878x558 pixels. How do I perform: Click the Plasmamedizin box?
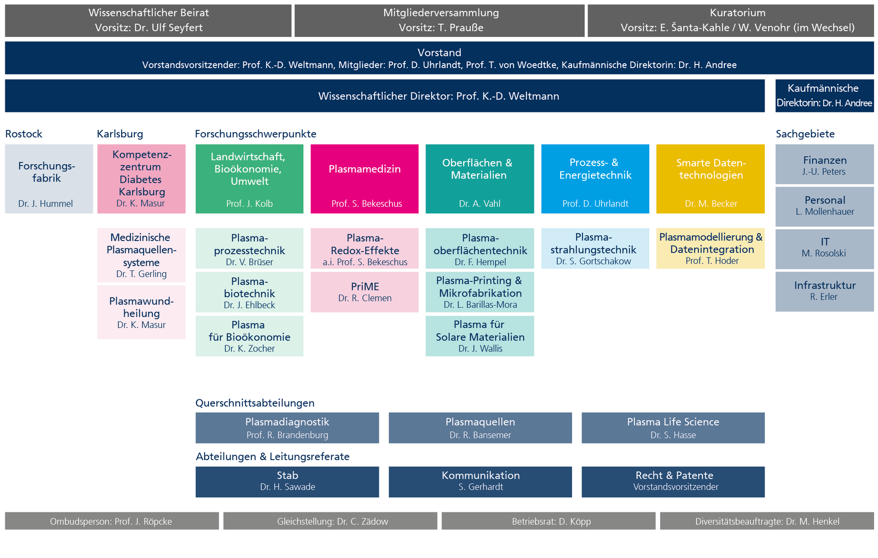(364, 179)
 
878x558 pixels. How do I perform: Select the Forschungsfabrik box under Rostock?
(49, 179)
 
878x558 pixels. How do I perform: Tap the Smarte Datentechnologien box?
(710, 179)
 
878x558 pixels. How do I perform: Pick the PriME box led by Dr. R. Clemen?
(364, 292)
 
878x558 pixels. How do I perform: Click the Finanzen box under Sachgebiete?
(824, 164)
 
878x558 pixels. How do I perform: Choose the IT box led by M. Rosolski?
(824, 249)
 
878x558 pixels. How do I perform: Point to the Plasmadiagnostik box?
(287, 428)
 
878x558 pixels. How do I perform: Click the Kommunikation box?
(480, 482)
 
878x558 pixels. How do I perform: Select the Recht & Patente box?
(673, 482)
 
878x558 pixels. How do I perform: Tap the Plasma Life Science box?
(673, 428)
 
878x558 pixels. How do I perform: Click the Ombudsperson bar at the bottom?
(112, 521)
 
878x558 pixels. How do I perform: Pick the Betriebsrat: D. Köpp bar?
(548, 521)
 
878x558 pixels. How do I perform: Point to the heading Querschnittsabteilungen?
(255, 403)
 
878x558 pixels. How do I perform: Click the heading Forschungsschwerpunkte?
(256, 134)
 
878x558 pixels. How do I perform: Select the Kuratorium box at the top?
(731, 21)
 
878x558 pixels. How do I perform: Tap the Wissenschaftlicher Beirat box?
(148, 21)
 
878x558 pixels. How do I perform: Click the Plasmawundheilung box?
(141, 312)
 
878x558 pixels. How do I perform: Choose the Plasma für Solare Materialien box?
(480, 336)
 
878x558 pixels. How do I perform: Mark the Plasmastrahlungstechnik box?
(595, 248)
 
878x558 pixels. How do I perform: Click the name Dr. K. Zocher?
(249, 349)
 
